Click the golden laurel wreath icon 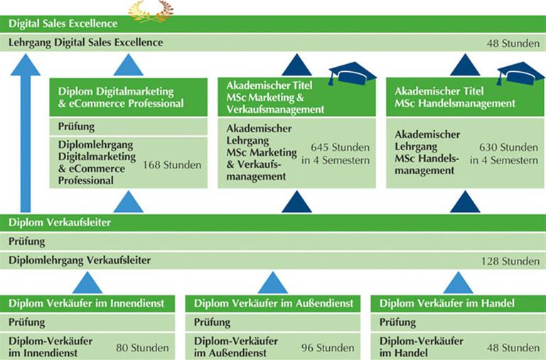click(x=150, y=9)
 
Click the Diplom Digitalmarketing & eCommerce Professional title click(x=121, y=98)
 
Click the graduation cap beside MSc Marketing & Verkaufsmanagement click(x=352, y=73)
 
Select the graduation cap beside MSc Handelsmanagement click(x=520, y=73)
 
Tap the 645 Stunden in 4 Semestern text click(x=336, y=154)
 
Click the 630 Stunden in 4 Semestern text click(x=503, y=154)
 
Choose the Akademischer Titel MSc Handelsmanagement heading click(x=455, y=98)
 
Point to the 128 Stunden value click(x=510, y=261)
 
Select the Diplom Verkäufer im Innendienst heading click(x=87, y=304)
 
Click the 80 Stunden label click(x=142, y=348)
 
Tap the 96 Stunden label click(x=327, y=348)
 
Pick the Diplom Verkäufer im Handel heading click(x=447, y=304)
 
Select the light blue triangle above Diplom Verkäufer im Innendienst click(x=87, y=282)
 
